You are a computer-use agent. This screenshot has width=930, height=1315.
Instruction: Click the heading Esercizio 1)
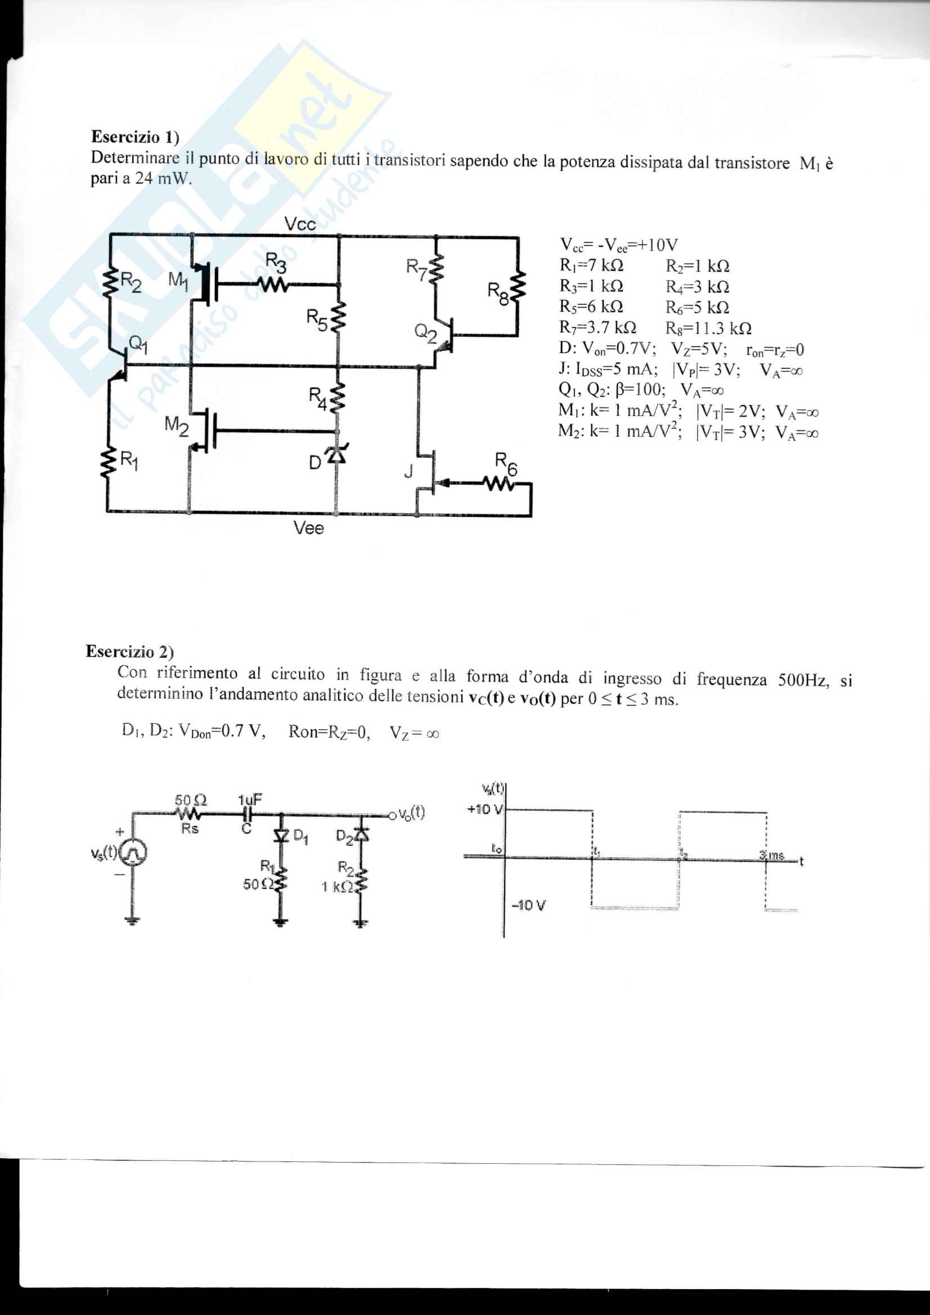click(135, 137)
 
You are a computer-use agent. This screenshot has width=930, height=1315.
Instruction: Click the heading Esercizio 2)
click(130, 651)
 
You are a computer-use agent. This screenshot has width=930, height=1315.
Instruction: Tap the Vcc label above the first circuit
click(300, 224)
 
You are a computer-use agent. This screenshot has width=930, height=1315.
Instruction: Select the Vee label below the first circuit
click(308, 528)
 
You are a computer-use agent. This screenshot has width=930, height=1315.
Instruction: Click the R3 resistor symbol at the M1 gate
click(273, 284)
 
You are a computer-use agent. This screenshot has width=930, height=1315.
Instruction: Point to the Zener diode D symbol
click(336, 454)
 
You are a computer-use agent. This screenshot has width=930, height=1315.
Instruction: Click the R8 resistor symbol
click(519, 287)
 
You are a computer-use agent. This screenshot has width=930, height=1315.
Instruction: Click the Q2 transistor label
click(425, 332)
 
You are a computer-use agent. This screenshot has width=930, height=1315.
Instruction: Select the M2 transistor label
click(176, 426)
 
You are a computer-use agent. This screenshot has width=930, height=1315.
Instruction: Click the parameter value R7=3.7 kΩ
click(597, 328)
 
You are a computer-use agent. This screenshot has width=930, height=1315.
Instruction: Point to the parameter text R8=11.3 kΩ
click(708, 328)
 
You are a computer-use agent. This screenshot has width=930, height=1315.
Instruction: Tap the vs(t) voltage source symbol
click(132, 854)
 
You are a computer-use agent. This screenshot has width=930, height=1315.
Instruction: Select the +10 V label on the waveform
click(485, 809)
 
